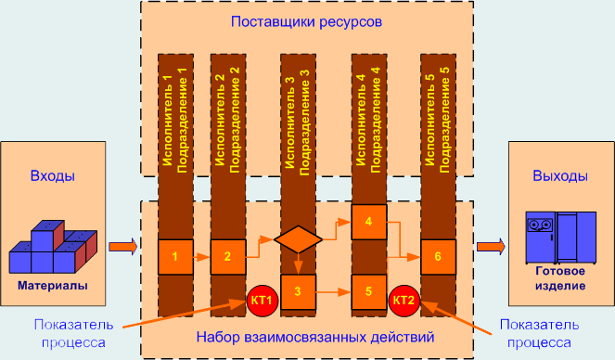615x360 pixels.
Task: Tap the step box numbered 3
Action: pyautogui.click(x=298, y=292)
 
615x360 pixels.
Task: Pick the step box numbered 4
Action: pyautogui.click(x=368, y=222)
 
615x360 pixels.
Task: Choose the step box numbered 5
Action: pyautogui.click(x=368, y=292)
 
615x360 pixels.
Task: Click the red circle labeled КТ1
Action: pyautogui.click(x=261, y=300)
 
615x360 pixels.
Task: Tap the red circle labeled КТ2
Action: pyautogui.click(x=404, y=300)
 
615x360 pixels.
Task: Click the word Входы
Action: pyautogui.click(x=53, y=176)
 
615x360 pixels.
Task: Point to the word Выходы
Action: pyautogui.click(x=559, y=176)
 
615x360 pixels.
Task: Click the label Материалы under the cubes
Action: pyautogui.click(x=52, y=286)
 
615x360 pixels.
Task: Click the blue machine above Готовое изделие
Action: pyautogui.click(x=559, y=236)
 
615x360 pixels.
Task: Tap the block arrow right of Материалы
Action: pyautogui.click(x=122, y=247)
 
